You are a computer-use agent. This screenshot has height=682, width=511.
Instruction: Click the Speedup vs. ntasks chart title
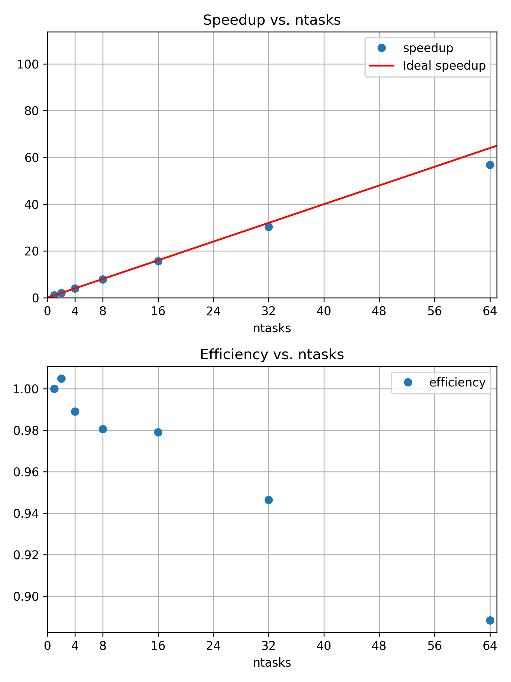pyautogui.click(x=272, y=20)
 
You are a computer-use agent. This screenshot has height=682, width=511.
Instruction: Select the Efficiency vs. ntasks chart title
pyautogui.click(x=272, y=355)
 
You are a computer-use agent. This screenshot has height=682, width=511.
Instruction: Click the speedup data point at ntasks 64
pyautogui.click(x=490, y=165)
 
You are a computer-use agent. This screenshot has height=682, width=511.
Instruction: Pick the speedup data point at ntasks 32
pyautogui.click(x=269, y=227)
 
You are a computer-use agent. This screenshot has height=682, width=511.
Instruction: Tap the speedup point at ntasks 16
pyautogui.click(x=158, y=261)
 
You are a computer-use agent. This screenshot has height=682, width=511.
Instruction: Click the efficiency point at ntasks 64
pyautogui.click(x=490, y=620)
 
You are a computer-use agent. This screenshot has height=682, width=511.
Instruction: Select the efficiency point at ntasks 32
pyautogui.click(x=269, y=500)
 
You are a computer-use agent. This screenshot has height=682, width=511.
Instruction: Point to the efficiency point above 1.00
pyautogui.click(x=61, y=378)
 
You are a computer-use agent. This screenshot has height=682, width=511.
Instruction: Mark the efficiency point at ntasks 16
pyautogui.click(x=158, y=432)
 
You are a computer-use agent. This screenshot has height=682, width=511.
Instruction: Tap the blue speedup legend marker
pyautogui.click(x=382, y=48)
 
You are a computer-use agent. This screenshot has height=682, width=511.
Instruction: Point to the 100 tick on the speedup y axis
pyautogui.click(x=28, y=65)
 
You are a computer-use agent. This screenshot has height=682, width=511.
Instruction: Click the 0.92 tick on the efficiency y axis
pyautogui.click(x=26, y=555)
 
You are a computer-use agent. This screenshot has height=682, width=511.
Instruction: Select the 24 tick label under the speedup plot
pyautogui.click(x=213, y=312)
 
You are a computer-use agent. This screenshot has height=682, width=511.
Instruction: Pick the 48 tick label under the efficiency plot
pyautogui.click(x=379, y=646)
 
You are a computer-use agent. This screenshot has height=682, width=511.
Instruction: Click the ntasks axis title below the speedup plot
pyautogui.click(x=272, y=329)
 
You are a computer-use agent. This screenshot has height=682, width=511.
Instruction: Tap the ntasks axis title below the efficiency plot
pyautogui.click(x=272, y=663)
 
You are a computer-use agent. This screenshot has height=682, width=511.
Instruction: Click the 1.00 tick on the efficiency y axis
pyautogui.click(x=26, y=389)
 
